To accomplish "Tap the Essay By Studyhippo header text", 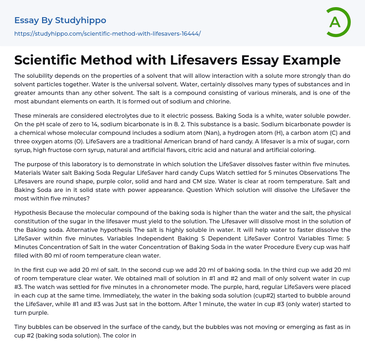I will click(60, 20).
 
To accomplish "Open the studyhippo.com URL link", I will click(107, 34).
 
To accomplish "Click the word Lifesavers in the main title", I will click(204, 60).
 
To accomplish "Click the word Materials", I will click(27, 173).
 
